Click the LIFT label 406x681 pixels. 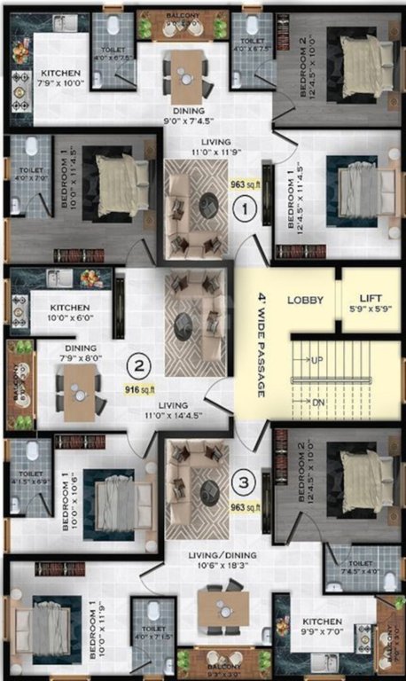[x=371, y=299]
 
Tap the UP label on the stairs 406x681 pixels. [x=316, y=360]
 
